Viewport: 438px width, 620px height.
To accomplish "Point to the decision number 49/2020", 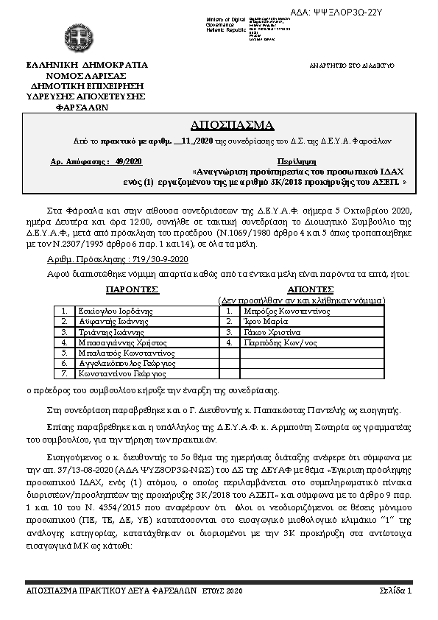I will click(x=130, y=161).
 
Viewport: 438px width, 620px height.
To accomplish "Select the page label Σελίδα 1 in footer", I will click(x=395, y=591).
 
